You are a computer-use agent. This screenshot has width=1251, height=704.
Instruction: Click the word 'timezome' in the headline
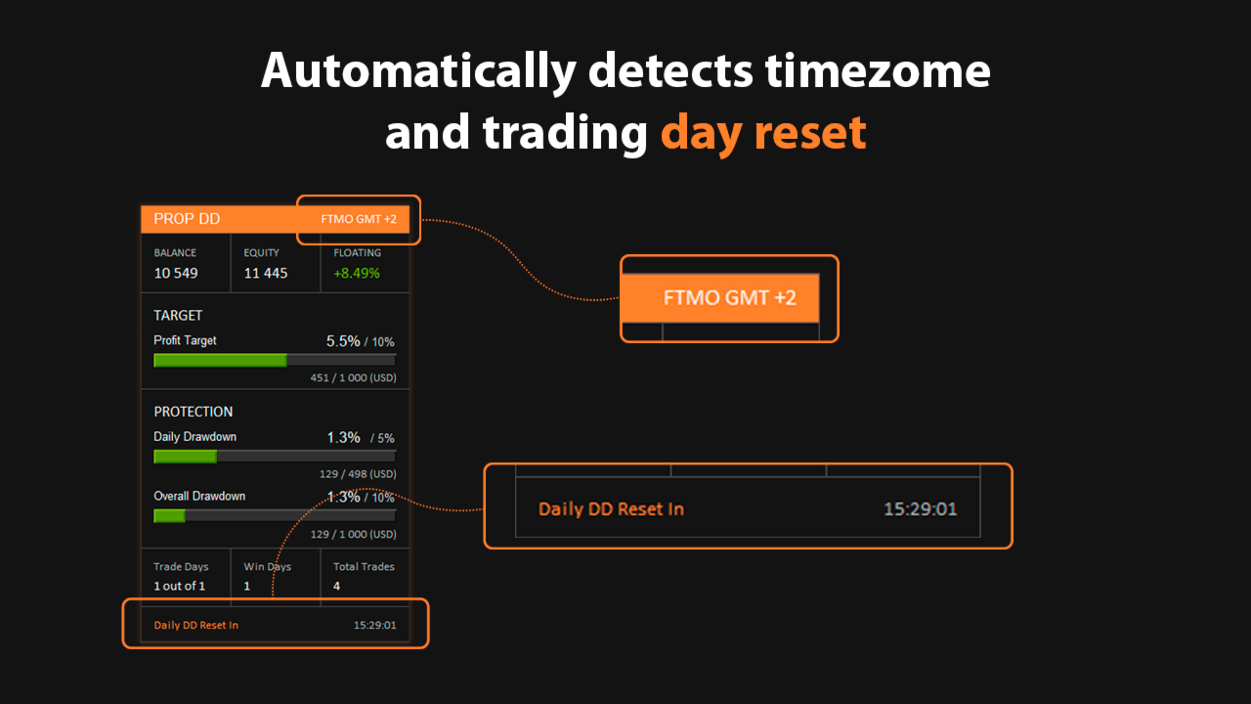878,71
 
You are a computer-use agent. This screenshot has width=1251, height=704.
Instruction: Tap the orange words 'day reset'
763,133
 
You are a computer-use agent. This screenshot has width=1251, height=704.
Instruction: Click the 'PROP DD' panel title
187,219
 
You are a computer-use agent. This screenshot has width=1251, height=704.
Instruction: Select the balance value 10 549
176,273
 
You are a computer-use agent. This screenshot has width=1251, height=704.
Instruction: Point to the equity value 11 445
266,273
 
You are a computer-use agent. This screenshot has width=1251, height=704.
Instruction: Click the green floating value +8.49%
357,273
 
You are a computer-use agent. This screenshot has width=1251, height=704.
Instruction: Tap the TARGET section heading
178,316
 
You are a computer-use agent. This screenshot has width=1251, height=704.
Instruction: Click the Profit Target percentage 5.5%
343,341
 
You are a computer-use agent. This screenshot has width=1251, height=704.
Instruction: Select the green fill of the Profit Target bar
220,361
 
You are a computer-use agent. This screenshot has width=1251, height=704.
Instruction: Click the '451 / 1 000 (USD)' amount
354,377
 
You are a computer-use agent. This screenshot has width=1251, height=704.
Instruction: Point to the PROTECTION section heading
194,412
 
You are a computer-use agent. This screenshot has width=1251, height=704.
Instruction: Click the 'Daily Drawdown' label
194,437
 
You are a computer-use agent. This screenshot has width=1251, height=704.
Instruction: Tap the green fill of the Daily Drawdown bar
185,457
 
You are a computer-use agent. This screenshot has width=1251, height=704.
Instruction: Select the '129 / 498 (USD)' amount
358,474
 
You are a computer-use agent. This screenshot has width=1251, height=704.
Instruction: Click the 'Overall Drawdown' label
199,496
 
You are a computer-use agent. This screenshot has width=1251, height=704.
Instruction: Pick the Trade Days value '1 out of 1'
179,586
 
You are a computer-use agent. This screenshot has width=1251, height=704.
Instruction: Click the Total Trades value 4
337,586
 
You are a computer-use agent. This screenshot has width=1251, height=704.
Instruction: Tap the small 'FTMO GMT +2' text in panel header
359,219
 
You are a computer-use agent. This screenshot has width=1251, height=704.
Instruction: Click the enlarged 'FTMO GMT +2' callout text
730,298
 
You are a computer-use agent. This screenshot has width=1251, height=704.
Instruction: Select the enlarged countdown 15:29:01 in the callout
921,509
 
